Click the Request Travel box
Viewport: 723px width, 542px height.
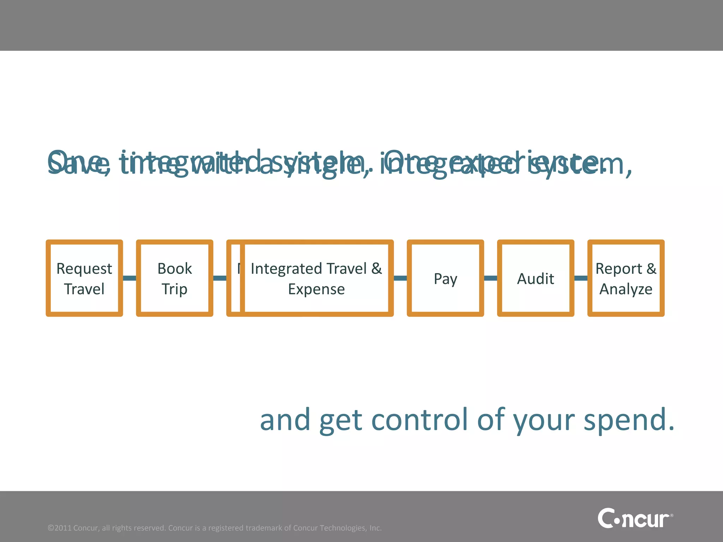[x=84, y=278]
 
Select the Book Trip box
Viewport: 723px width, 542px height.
[x=174, y=278]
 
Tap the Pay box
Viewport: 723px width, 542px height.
[x=445, y=278]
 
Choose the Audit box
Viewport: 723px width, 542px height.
[x=536, y=278]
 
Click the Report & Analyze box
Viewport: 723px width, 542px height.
[x=626, y=278]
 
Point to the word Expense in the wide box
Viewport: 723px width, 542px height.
[x=316, y=289]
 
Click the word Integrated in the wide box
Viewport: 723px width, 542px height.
[x=286, y=269]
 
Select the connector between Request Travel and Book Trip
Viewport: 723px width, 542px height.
[x=130, y=278]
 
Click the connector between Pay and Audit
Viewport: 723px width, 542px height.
[x=490, y=278]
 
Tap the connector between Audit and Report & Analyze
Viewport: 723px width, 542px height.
[x=581, y=278]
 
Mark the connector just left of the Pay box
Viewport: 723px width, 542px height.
[x=400, y=278]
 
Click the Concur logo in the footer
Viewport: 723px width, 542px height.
[x=635, y=518]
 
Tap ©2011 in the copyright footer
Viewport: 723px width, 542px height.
[x=60, y=528]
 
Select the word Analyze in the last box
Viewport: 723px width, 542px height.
[x=626, y=289]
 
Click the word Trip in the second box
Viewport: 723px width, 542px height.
[x=174, y=289]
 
